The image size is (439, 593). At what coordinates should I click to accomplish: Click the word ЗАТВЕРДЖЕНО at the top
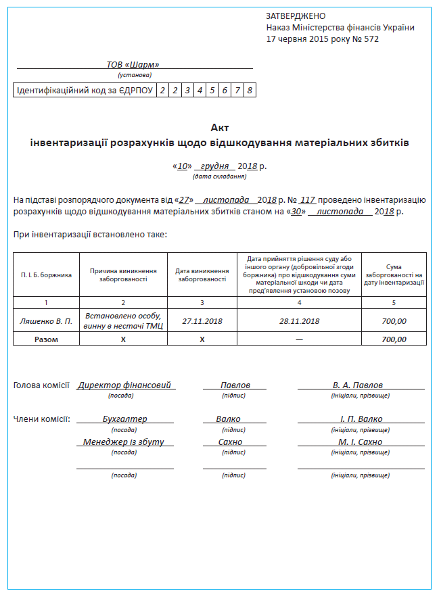tap(296, 16)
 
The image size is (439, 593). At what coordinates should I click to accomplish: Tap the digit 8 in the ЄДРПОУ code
tap(250, 91)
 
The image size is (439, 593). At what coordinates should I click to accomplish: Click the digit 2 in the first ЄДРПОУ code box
tap(162, 91)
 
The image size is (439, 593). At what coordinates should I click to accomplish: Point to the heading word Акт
tap(220, 127)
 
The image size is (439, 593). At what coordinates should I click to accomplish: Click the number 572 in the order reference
tap(371, 39)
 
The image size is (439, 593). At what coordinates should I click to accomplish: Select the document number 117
tap(308, 200)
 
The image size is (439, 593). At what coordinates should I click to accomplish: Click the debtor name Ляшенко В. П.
tap(46, 321)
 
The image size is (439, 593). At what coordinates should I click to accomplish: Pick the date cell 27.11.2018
tap(202, 321)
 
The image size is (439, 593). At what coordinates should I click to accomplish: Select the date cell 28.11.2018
tap(299, 321)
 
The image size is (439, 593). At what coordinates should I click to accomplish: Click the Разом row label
tap(46, 339)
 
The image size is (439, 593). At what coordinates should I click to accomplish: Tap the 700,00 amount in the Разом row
tap(394, 339)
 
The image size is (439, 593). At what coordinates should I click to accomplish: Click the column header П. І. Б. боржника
tap(46, 275)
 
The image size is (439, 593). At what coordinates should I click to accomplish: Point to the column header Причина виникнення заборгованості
tap(123, 275)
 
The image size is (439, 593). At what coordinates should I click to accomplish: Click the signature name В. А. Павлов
tap(358, 385)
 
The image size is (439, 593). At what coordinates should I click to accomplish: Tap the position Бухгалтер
tap(124, 419)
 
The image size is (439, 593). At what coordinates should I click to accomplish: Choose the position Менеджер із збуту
tap(124, 442)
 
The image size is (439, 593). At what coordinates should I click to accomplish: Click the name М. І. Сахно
tap(361, 442)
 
